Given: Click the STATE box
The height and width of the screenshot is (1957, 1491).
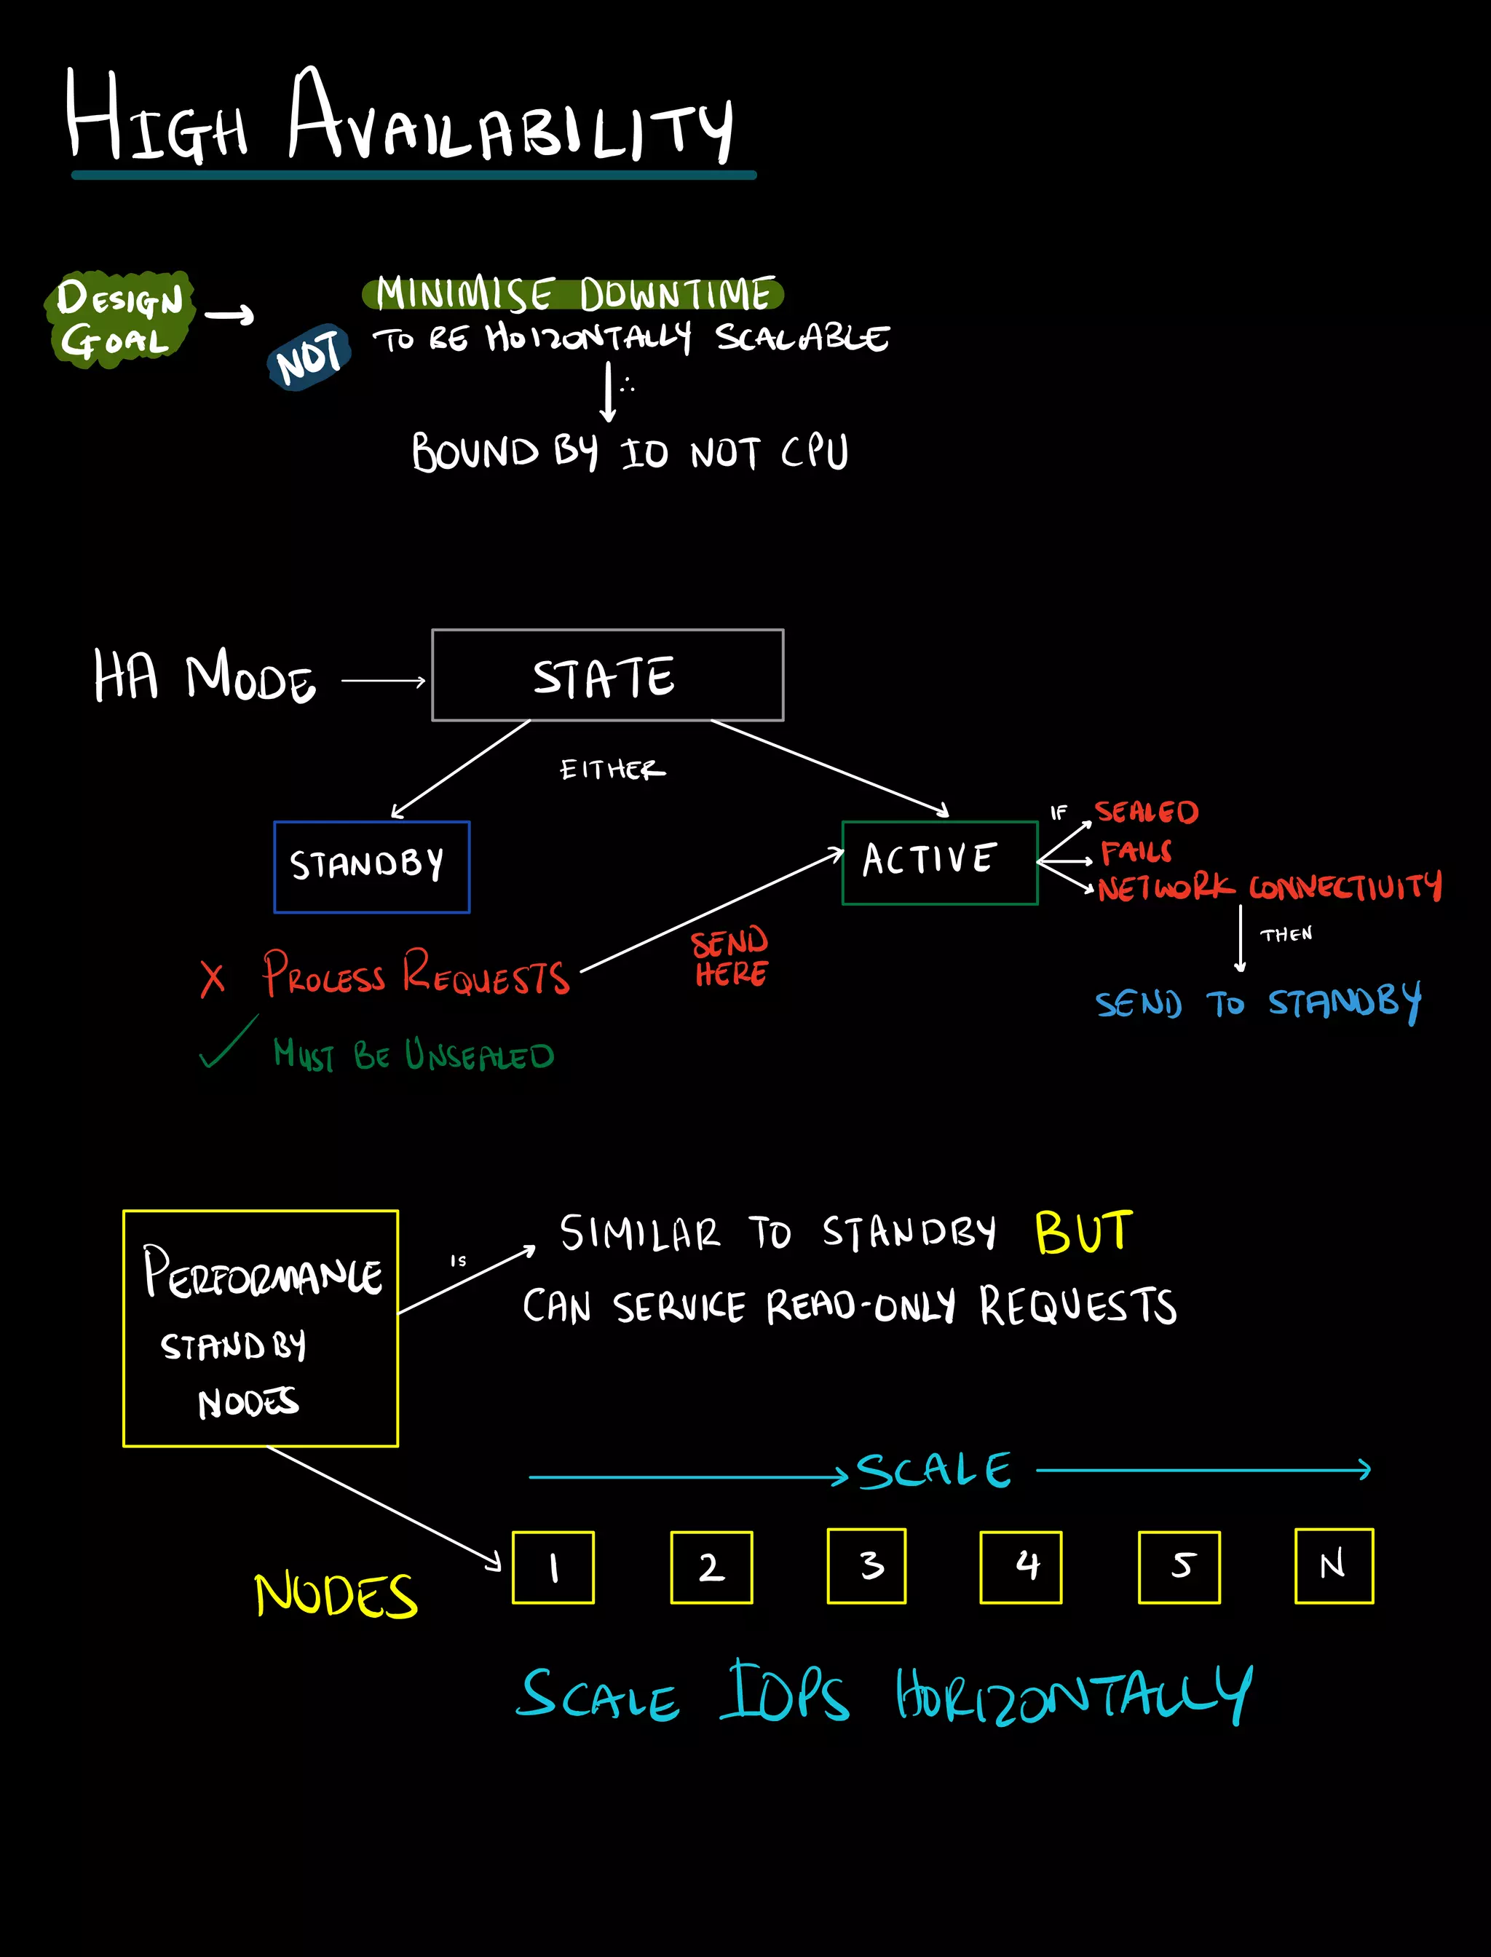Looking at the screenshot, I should pos(607,676).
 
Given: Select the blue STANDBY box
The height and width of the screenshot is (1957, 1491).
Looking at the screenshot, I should pos(371,866).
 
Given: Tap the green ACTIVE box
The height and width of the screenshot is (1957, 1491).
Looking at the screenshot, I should pos(939,862).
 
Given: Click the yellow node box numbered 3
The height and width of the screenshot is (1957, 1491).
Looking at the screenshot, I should pos(866,1567).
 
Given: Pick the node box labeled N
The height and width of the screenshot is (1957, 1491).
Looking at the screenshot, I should pos(1333,1567).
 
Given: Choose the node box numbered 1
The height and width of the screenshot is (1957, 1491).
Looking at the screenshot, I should pos(553,1567).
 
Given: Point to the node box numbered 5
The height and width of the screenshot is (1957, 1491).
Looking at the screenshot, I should pos(1179,1567).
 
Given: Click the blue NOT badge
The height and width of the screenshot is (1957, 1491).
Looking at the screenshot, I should pos(309,357).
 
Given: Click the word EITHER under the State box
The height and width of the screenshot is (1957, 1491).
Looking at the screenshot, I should pos(612,770).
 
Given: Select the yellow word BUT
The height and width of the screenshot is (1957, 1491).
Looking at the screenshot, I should pos(1083,1233).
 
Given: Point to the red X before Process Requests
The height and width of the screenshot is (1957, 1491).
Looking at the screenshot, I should pos(212,979).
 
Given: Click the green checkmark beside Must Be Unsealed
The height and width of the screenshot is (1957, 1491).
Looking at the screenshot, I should pos(228,1043).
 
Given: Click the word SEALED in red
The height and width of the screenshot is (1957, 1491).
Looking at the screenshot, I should pos(1146,812).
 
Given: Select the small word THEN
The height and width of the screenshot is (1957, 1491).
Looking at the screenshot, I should pos(1286,935).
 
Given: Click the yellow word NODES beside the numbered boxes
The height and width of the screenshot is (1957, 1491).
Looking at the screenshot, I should pos(336,1595).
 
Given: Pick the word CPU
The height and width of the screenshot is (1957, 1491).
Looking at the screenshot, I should pos(814,453).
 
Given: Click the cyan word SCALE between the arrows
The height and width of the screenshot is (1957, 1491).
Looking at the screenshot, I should pos(933,1471).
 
